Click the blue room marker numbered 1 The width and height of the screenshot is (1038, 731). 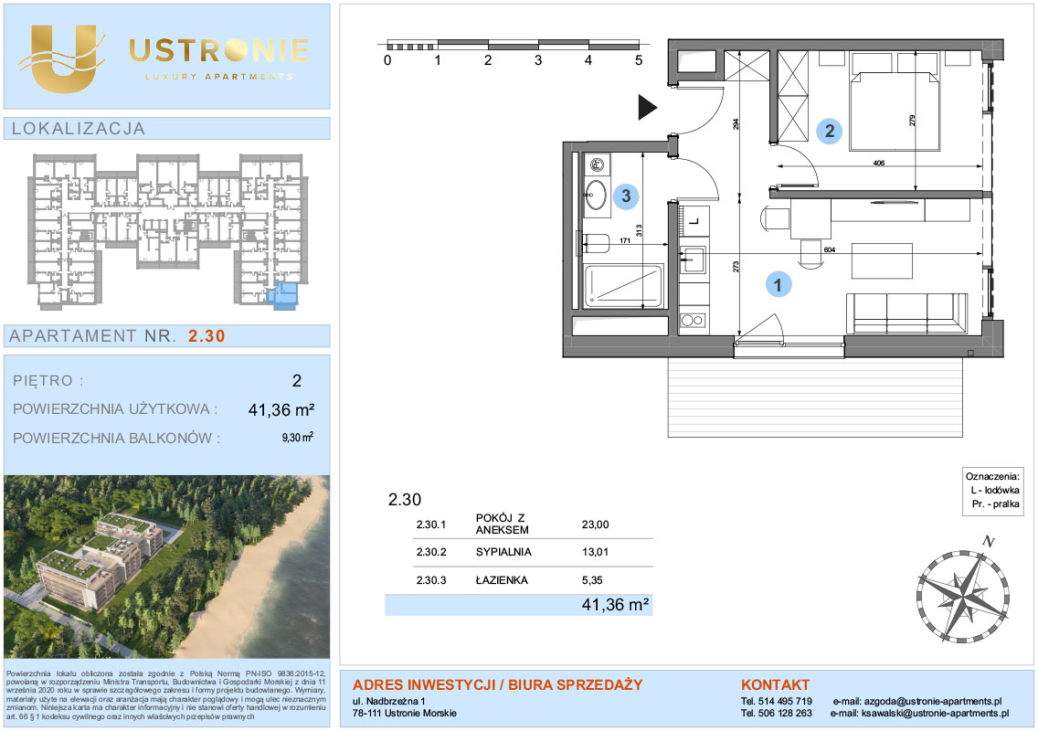(778, 285)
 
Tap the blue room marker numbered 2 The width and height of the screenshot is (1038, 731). (830, 131)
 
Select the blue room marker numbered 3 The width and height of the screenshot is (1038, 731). (626, 196)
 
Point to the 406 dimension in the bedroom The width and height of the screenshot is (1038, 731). (878, 163)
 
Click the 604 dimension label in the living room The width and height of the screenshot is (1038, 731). (830, 250)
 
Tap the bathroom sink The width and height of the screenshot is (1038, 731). (595, 195)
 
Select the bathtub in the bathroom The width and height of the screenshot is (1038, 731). (622, 286)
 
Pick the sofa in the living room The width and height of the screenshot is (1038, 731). (907, 313)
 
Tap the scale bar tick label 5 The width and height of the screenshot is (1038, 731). (639, 60)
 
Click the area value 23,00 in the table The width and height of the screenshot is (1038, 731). (595, 524)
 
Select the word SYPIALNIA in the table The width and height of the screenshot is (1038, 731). (503, 552)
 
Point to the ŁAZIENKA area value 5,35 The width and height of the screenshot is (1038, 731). (592, 580)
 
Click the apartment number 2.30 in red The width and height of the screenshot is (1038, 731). (207, 336)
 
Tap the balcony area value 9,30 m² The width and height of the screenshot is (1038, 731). (297, 438)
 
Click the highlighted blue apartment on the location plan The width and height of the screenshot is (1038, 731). (286, 295)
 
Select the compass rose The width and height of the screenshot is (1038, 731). (963, 591)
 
